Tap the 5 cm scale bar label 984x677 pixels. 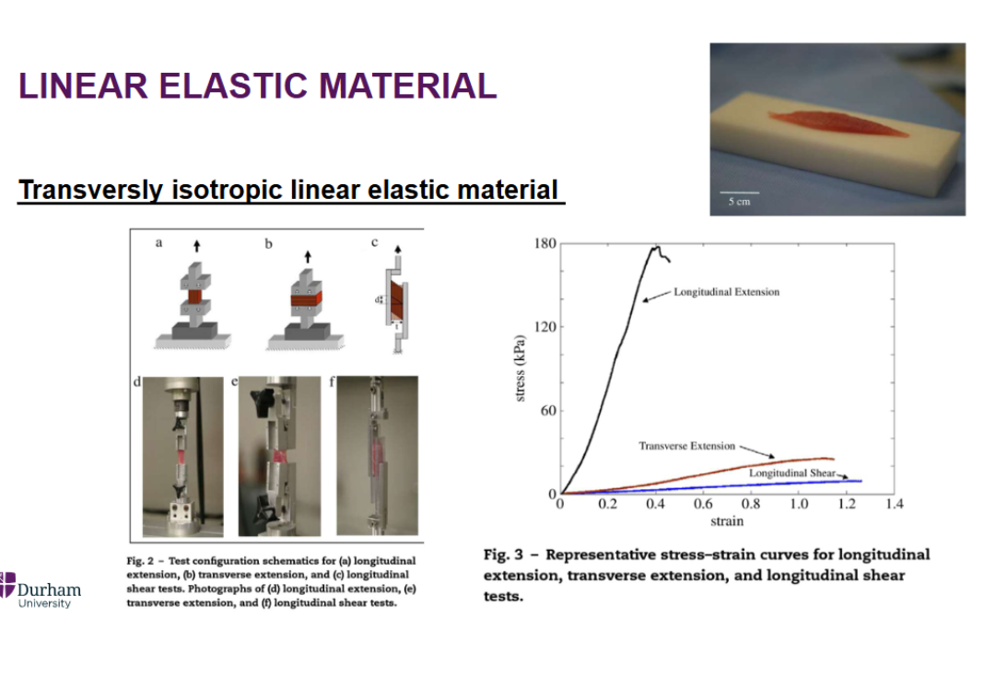pos(739,202)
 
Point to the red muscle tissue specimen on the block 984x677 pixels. pos(838,123)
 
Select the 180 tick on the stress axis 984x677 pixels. pos(545,243)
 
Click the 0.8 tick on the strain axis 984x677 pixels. pos(751,504)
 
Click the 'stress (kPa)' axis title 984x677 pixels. pos(520,368)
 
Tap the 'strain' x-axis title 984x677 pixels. pos(727,521)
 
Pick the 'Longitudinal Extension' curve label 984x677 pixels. pos(727,292)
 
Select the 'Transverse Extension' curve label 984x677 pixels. pos(686,446)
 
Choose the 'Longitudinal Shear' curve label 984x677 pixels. pos(792,473)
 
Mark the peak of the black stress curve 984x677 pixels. pos(656,247)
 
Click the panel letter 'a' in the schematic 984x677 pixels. pos(158,243)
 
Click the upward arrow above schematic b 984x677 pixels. pos(308,257)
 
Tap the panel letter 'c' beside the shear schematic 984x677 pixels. pos(375,242)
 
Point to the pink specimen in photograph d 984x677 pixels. pos(182,456)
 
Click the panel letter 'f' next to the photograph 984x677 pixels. pos(332,381)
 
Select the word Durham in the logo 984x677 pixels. pos(49,589)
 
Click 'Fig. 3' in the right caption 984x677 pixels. pos(503,554)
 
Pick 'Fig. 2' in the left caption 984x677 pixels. pos(140,561)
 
